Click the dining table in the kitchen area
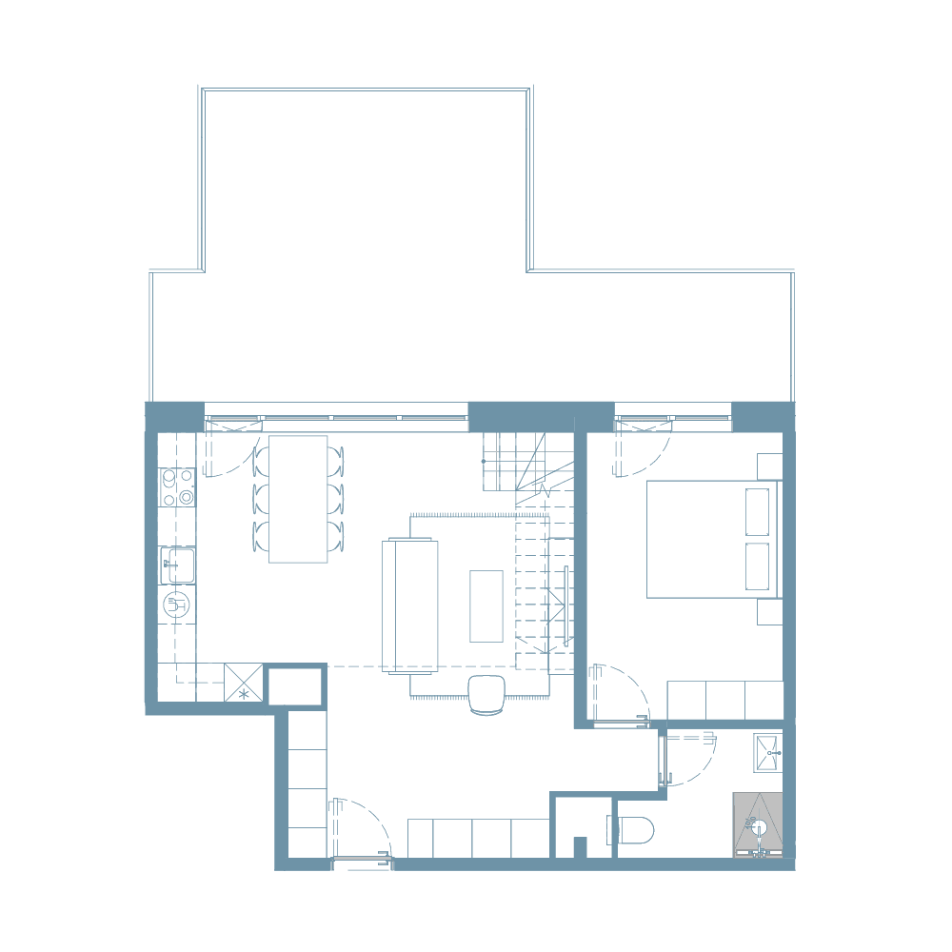click(298, 499)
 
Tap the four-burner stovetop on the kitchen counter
click(178, 486)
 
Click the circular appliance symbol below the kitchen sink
click(177, 602)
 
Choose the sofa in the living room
click(410, 605)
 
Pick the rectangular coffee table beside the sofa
click(486, 605)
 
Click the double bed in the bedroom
click(712, 539)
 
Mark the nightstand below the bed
click(769, 612)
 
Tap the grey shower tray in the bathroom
click(758, 825)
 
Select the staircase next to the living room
click(533, 562)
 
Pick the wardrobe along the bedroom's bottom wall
click(724, 700)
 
